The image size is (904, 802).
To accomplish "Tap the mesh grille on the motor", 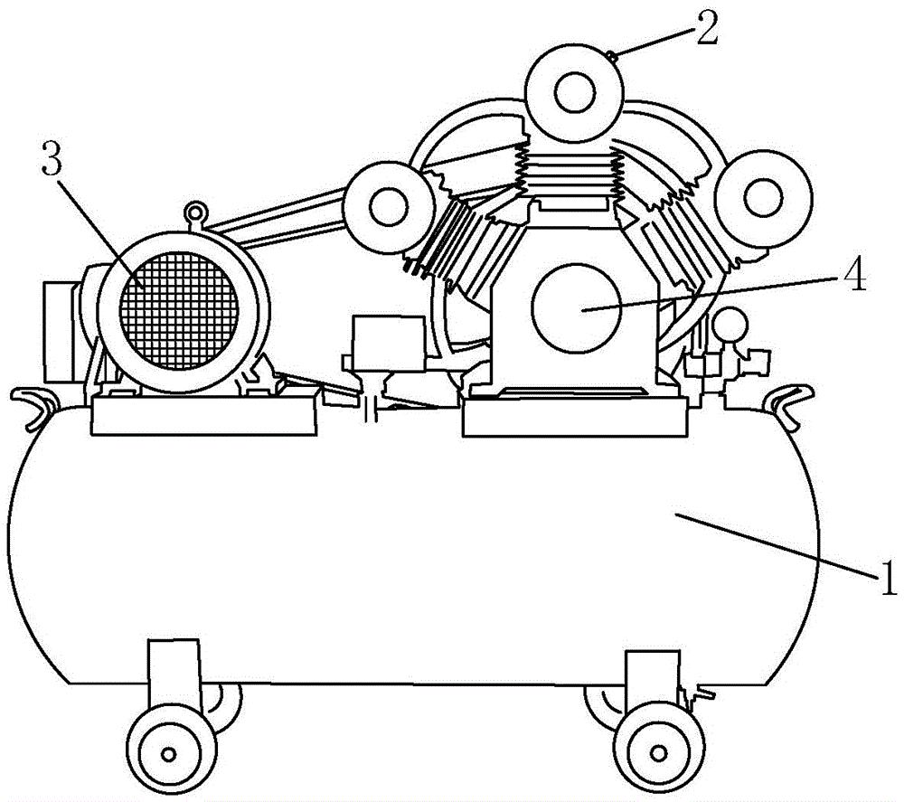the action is click(x=179, y=310).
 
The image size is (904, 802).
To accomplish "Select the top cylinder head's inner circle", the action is click(x=574, y=92).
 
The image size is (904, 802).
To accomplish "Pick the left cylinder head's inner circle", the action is click(x=389, y=206).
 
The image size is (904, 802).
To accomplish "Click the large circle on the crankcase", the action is click(x=576, y=308).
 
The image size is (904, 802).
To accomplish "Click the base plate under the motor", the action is click(x=204, y=415).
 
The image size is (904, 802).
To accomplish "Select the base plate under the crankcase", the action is click(x=575, y=416).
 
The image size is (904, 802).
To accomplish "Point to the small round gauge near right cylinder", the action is click(x=730, y=326).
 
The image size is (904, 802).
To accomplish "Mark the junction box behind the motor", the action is click(x=62, y=332).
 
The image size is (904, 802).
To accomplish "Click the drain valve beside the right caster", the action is click(x=696, y=695).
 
